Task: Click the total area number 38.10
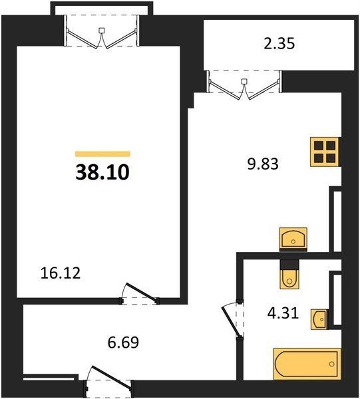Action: click(x=102, y=172)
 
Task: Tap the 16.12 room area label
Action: click(x=61, y=273)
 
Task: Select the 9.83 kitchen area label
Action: click(x=263, y=164)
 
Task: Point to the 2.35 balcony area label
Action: click(x=279, y=43)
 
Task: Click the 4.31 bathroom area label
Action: click(x=283, y=313)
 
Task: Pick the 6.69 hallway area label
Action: click(x=123, y=342)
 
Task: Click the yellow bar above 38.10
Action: click(x=103, y=154)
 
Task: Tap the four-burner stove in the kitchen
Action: click(x=325, y=152)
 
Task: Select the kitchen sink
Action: click(x=293, y=238)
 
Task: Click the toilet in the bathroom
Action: click(x=289, y=279)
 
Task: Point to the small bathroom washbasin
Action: click(x=319, y=319)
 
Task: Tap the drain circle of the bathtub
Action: click(x=332, y=364)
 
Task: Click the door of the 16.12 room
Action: click(x=140, y=293)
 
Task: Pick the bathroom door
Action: click(x=233, y=320)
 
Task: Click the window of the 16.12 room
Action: click(x=102, y=31)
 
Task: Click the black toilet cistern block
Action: click(x=289, y=264)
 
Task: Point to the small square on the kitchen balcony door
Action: click(x=244, y=81)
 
